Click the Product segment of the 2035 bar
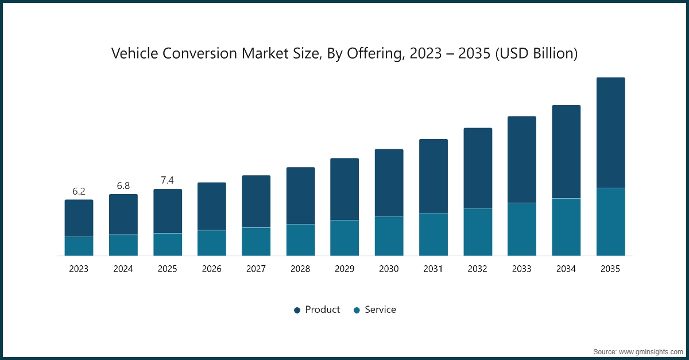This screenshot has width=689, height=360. pos(610,133)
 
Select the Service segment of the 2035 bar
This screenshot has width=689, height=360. pos(610,222)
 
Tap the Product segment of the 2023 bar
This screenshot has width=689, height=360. pos(79,218)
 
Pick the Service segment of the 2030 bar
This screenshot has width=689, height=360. pos(389,236)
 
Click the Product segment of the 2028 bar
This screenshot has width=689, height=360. pos(300,196)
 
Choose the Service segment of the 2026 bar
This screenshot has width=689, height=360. pos(212,243)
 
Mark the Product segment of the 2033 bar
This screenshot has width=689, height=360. pos(521,160)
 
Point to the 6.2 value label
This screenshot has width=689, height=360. pos(79,191)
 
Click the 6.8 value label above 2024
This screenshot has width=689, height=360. pos(123,185)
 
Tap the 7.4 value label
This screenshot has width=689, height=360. pos(167,180)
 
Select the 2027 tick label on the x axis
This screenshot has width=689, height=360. pos(256,269)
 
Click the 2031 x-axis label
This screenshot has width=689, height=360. pos(433,269)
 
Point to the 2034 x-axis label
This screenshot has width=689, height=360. pos(566,269)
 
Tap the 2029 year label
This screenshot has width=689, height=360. pos(344,269)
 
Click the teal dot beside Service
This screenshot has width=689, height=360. pos(357,310)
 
